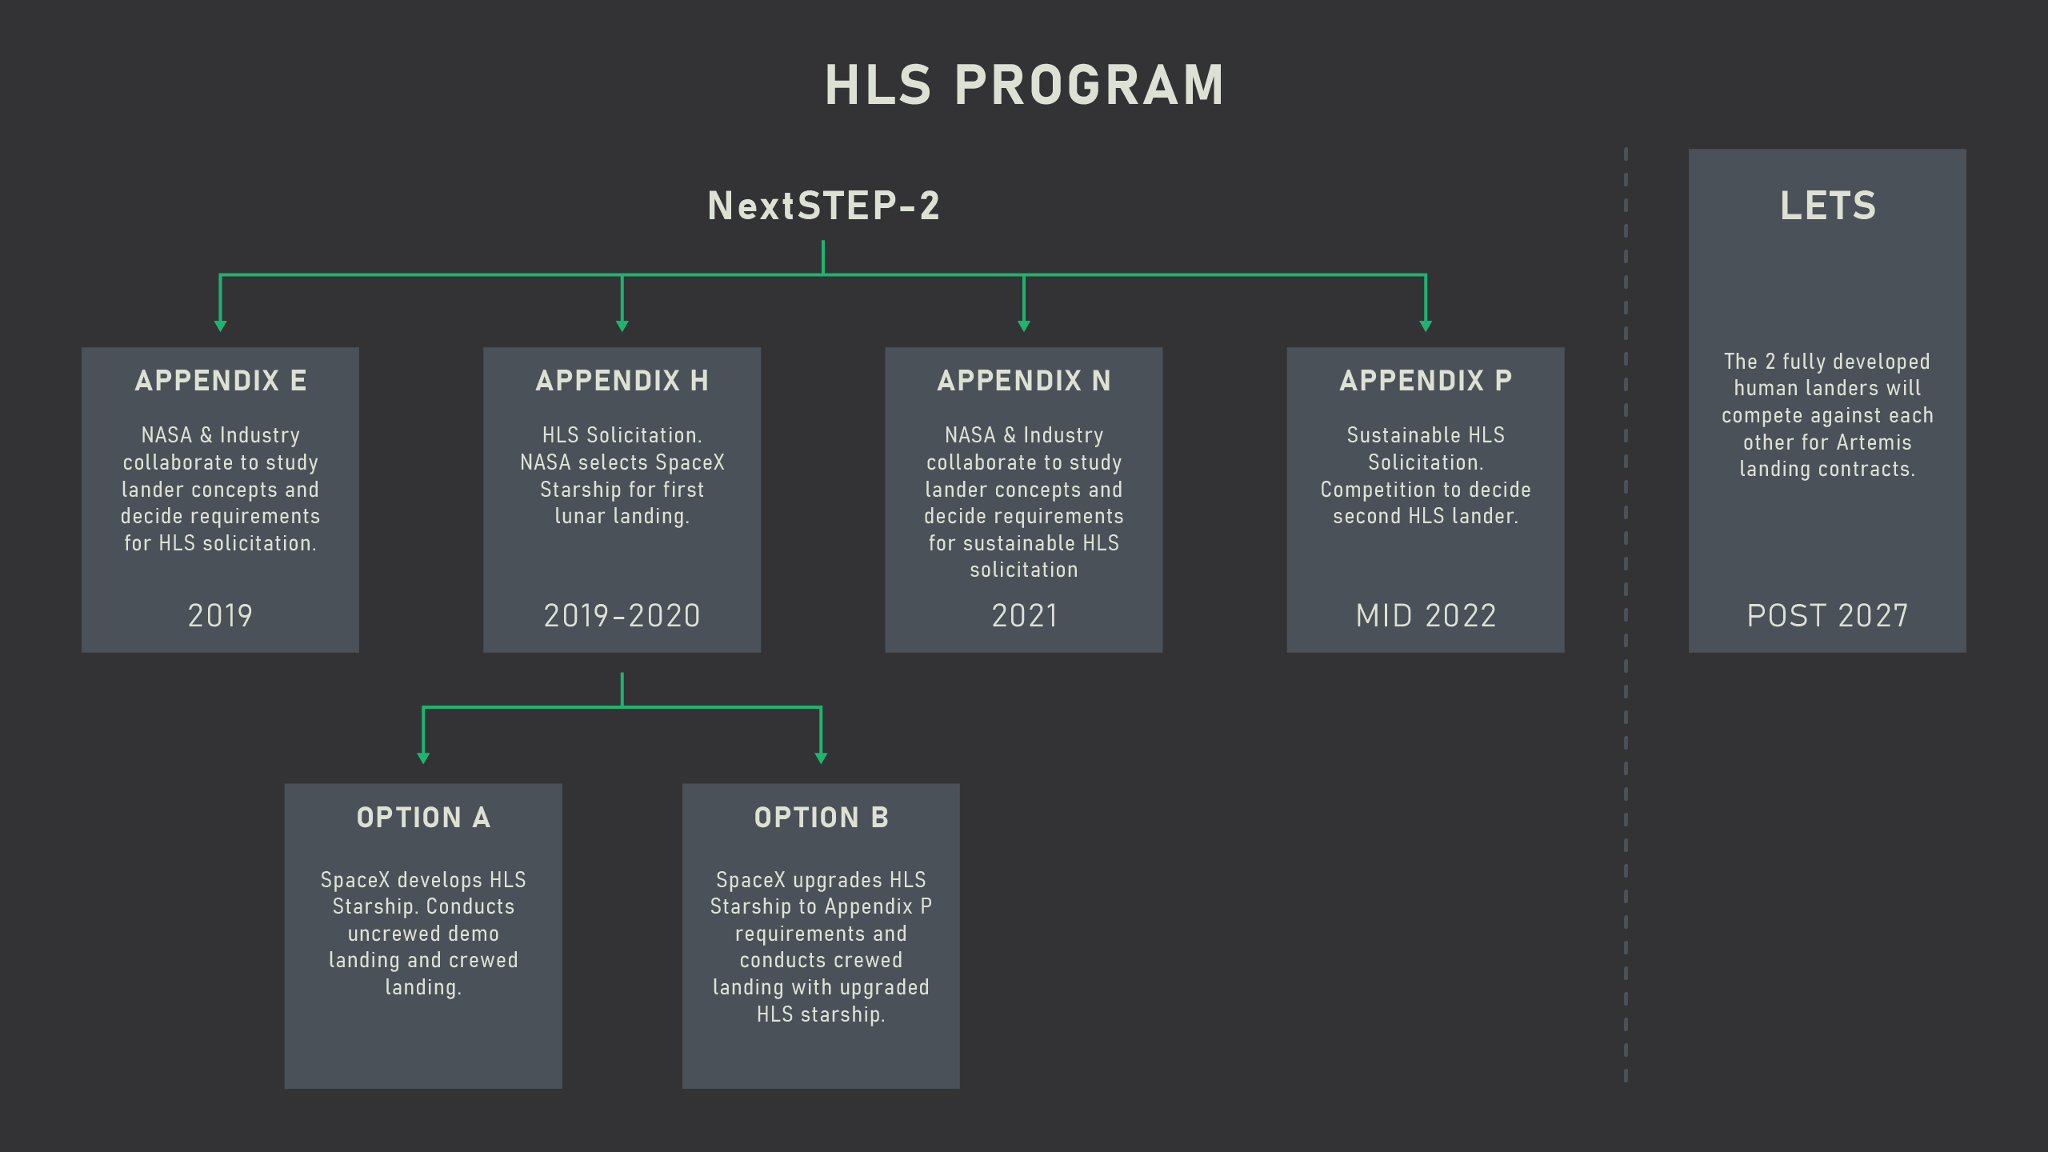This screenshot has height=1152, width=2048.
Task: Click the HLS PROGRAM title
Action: click(1024, 86)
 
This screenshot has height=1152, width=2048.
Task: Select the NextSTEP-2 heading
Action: click(823, 206)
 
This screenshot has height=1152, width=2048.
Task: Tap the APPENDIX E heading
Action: click(220, 381)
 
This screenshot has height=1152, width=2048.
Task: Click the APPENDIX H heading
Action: click(622, 381)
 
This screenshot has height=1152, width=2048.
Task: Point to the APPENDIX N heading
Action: click(1023, 381)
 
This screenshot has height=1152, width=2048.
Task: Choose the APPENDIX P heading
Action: click(1425, 381)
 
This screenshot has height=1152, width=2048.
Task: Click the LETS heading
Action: click(1827, 206)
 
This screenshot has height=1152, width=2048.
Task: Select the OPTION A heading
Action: click(423, 818)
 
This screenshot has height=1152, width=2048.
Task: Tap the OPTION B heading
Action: click(821, 818)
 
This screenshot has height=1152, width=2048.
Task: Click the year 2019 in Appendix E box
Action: click(220, 615)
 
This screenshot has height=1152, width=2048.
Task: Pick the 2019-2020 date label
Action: click(622, 615)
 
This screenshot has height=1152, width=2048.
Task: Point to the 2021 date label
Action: click(1024, 615)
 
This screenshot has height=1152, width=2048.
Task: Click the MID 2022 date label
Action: click(1425, 615)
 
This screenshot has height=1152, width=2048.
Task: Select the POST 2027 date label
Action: click(1827, 615)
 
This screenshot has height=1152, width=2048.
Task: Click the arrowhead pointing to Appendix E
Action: click(221, 326)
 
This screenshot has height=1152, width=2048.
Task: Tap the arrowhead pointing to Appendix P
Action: click(1426, 326)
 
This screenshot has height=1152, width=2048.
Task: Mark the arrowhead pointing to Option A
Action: click(423, 758)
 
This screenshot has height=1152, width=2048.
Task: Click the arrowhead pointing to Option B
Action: click(821, 758)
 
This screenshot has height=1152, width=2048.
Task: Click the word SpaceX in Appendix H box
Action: click(690, 462)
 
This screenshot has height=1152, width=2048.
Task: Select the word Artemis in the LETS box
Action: click(1874, 442)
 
